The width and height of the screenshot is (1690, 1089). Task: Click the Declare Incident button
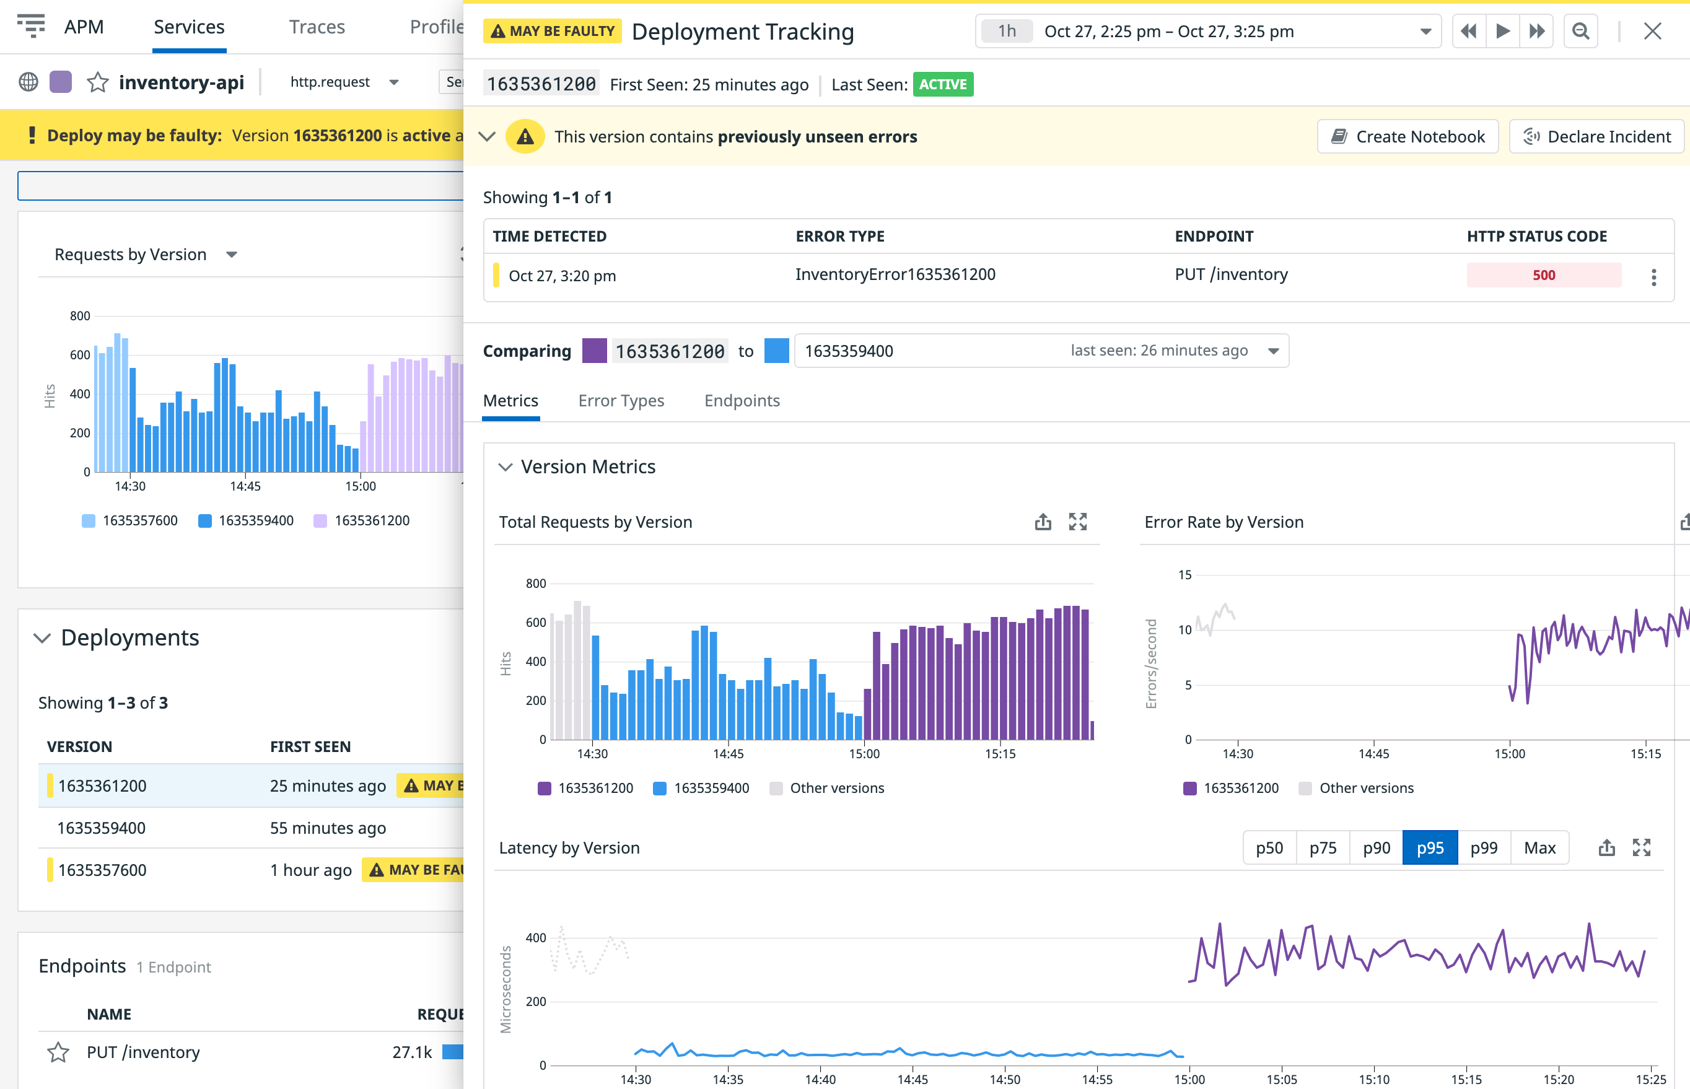coord(1596,136)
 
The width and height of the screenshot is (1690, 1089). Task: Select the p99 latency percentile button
coord(1484,848)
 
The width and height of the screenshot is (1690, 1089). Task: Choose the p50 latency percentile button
coord(1269,848)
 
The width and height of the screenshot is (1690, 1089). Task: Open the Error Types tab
coord(621,400)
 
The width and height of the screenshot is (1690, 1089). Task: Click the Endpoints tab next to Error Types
coord(742,400)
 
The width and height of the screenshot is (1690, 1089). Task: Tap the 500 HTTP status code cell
coord(1543,275)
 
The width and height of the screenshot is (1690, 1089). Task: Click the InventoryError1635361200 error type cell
coord(895,274)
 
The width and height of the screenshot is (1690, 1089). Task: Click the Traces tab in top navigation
coord(316,27)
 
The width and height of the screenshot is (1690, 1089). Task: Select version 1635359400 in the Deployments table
coord(101,828)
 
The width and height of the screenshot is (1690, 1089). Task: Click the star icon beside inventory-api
coord(98,83)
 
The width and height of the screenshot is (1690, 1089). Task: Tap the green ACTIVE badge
coord(943,84)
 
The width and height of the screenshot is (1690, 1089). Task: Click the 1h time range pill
coord(1007,31)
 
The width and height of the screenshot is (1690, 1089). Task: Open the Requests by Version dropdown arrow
coord(231,255)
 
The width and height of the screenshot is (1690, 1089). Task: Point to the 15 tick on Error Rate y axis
coord(1184,575)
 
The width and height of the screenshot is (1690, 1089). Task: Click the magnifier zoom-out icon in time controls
coord(1580,31)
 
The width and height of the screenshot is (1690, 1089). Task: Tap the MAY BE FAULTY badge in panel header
coord(552,31)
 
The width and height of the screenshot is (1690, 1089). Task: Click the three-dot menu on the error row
coord(1653,277)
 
